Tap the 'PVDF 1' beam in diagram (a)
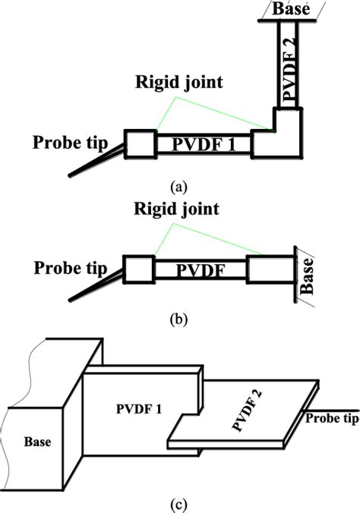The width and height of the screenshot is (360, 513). [x=203, y=143]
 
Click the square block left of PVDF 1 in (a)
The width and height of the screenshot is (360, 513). [x=140, y=143]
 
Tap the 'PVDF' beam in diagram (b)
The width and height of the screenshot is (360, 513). [x=201, y=269]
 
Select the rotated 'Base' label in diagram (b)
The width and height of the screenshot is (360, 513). [x=308, y=279]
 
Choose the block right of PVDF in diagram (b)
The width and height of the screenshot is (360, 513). [x=267, y=269]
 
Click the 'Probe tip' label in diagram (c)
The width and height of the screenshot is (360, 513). [x=330, y=417]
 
